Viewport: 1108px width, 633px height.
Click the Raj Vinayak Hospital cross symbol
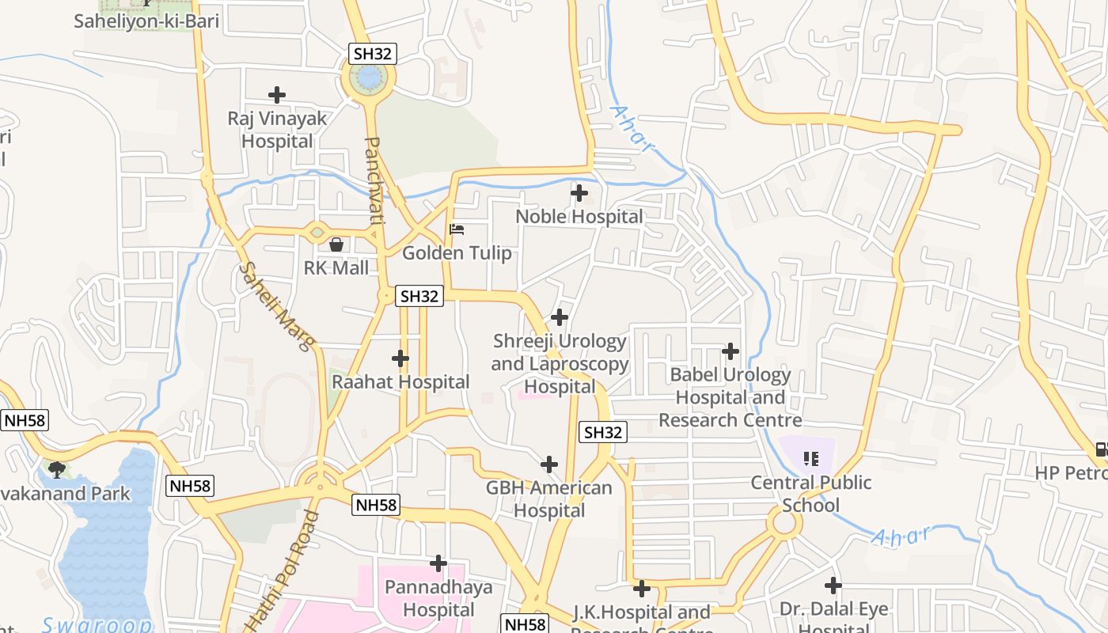277,95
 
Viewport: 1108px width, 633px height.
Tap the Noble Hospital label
579,216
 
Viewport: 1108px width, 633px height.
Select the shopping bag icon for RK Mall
336,244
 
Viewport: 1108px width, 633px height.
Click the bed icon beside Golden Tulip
457,229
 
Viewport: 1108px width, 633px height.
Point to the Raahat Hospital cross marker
400,358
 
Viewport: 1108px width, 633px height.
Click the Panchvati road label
374,181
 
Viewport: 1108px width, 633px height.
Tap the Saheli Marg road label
277,305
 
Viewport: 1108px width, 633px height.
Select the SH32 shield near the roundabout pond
373,54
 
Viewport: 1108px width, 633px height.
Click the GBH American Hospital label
549,498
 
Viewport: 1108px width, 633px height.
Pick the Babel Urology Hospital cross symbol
730,351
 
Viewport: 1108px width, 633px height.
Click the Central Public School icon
810,458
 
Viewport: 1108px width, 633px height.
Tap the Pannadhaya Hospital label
438,598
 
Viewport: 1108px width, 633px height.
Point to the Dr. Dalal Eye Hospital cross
833,586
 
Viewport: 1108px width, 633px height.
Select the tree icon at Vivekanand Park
56,470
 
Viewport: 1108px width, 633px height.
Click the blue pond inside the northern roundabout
369,78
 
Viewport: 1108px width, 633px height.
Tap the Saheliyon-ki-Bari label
146,21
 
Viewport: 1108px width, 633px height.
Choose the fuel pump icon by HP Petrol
1101,449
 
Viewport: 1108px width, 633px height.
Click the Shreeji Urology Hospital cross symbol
560,317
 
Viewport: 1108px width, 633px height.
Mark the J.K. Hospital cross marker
642,588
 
